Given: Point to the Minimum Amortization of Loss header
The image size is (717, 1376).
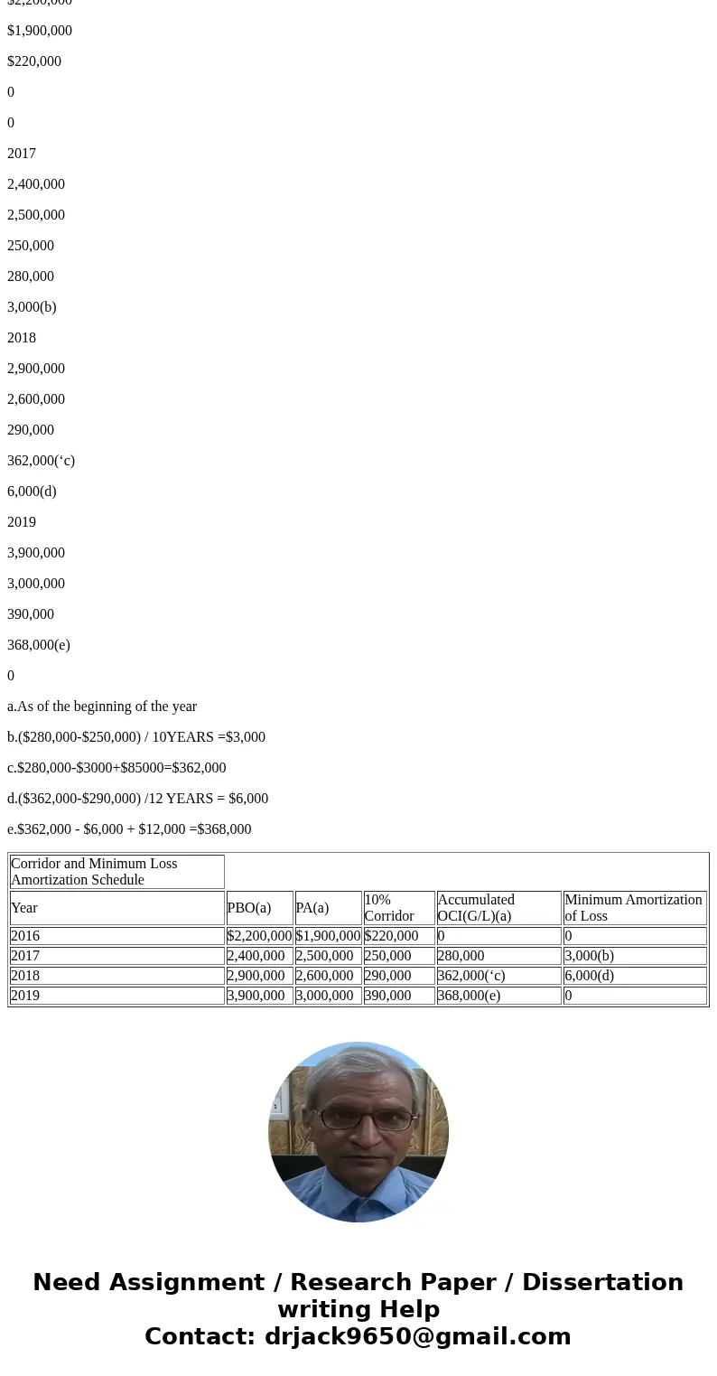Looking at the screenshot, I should [x=633, y=908].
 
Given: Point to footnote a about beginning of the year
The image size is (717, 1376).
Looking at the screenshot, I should [x=102, y=707].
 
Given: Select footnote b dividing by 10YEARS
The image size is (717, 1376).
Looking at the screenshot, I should [x=136, y=737].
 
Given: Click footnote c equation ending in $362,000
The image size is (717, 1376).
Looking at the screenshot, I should [x=116, y=768].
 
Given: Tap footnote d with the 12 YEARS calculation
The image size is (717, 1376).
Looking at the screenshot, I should [x=137, y=799].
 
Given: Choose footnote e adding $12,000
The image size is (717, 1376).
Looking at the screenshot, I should [x=129, y=829].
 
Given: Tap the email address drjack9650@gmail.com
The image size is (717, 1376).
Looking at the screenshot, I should [x=417, y=1337].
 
